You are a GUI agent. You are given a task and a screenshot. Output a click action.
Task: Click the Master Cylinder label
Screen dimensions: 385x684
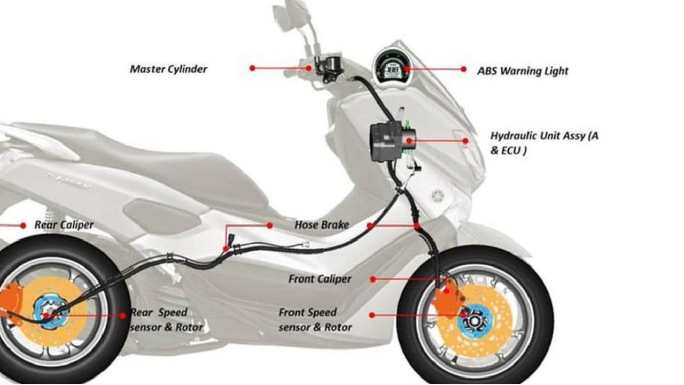point(168,69)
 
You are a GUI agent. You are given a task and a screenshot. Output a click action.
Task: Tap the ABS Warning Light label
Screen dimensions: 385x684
point(523,71)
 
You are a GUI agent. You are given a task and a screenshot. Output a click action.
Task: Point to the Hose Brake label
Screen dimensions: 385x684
point(321,225)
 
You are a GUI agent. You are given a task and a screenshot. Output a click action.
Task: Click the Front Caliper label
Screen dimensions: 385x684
point(320,279)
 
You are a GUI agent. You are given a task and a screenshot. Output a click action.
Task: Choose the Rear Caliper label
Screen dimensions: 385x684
point(64,225)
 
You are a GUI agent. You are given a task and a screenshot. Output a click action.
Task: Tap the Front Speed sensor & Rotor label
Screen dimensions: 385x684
point(315,320)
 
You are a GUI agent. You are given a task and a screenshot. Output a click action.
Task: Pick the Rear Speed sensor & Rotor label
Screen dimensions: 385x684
point(166,320)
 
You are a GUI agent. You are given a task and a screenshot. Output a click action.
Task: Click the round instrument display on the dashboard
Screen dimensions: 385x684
point(392,66)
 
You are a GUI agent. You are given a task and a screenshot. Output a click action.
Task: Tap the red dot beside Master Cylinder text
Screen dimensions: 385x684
point(252,68)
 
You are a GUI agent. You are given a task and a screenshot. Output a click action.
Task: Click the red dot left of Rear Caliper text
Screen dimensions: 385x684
point(23,226)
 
